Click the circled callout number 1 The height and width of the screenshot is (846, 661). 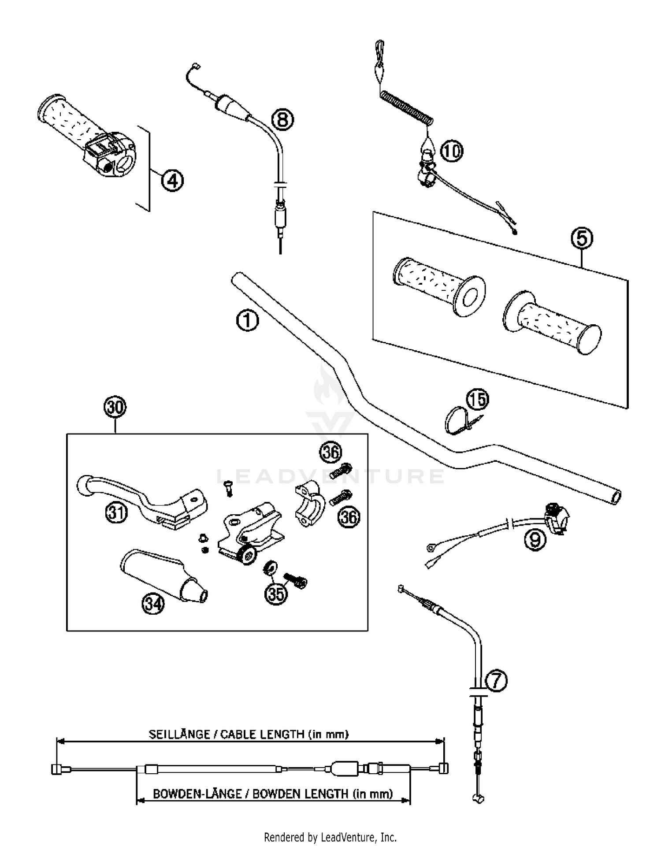247,320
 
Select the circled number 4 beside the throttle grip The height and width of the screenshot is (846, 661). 172,181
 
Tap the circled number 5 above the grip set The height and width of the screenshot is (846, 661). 582,238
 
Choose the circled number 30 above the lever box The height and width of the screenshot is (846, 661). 115,407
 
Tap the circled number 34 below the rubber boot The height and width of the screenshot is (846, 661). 153,603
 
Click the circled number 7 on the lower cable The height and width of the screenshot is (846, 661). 496,681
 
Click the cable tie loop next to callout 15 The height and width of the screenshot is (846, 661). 454,421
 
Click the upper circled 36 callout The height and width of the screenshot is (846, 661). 330,453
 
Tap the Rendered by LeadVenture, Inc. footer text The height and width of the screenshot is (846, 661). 330,837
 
